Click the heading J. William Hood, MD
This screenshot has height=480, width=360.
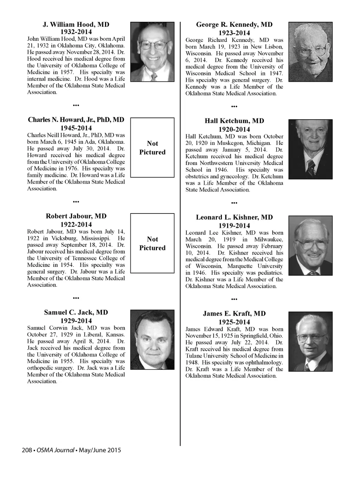tap(76, 25)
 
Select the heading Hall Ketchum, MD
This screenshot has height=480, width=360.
tap(234, 121)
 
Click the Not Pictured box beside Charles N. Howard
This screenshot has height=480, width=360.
tap(152, 148)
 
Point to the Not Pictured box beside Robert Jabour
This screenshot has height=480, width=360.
tap(152, 243)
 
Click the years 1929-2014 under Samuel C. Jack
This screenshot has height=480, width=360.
tap(76, 321)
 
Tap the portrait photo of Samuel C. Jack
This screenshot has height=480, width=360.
tap(152, 340)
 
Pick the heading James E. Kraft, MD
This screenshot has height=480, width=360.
tap(234, 314)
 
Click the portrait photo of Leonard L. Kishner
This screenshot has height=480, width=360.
tap(310, 245)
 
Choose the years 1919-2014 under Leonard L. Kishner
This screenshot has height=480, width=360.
tap(234, 226)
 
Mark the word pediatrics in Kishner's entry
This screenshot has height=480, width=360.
tap(271, 273)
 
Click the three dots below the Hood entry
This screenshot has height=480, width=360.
tap(76, 105)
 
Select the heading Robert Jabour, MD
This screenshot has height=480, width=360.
tap(76, 216)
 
